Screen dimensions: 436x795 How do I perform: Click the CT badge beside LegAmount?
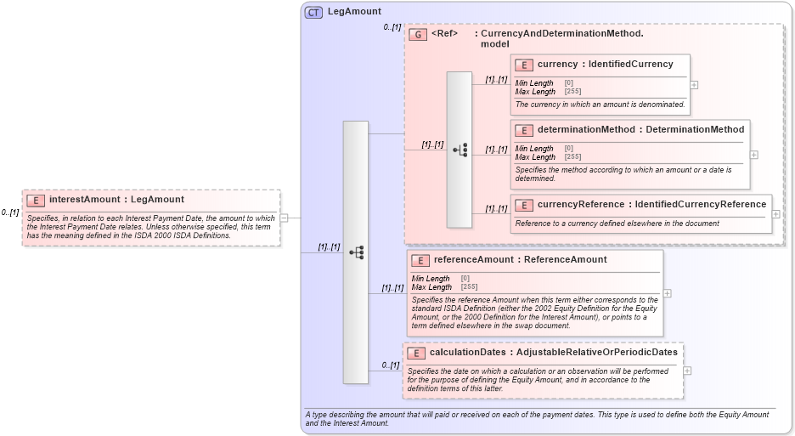[313, 12]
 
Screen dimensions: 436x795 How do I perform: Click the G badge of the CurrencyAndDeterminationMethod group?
[417, 35]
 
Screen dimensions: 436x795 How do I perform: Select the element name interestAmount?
[85, 200]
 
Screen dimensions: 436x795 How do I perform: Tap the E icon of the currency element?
[524, 65]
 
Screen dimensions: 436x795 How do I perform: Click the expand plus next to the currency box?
[694, 85]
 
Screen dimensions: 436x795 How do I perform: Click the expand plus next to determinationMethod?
[754, 155]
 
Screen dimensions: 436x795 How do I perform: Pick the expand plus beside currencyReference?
[775, 213]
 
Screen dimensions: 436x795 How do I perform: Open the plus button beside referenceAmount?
[667, 293]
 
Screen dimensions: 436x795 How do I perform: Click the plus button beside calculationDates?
[687, 371]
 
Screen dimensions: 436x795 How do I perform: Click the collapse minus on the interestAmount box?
[284, 218]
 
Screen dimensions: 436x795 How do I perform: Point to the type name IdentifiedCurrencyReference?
[700, 204]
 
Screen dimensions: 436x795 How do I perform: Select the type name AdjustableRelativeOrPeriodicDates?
[596, 352]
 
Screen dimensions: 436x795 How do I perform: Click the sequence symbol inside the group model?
[460, 150]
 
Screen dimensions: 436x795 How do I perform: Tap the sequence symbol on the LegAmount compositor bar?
[356, 252]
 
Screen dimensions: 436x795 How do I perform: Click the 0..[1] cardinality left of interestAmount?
[10, 212]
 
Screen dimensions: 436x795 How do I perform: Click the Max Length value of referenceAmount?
[468, 287]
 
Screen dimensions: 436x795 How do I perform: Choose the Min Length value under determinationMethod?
[568, 149]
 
